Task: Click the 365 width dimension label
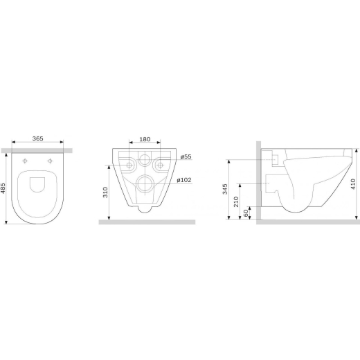point(37,138)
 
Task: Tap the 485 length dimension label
point(3,188)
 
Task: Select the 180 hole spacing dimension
point(145,139)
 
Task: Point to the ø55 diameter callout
point(186,156)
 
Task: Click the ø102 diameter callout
point(184,180)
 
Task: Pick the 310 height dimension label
point(105,192)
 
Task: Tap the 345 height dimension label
point(225,189)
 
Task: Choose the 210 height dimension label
point(236,201)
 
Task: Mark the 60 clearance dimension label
point(246,213)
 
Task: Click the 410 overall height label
point(353,184)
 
